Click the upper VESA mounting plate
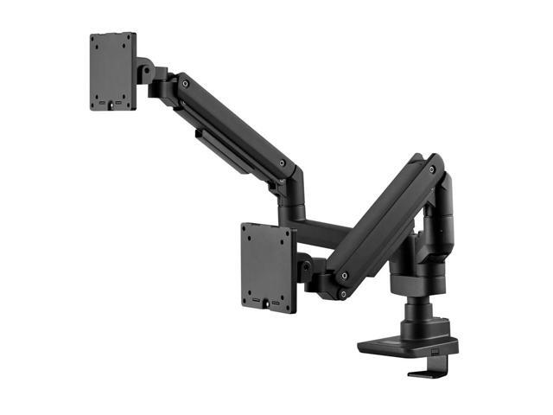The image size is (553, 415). (113, 71)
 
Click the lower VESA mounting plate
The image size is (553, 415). (268, 266)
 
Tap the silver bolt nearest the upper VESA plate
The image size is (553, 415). (184, 84)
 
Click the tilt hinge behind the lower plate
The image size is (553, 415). (304, 268)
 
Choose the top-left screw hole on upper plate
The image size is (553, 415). (98, 42)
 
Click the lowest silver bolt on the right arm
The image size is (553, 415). (342, 295)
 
